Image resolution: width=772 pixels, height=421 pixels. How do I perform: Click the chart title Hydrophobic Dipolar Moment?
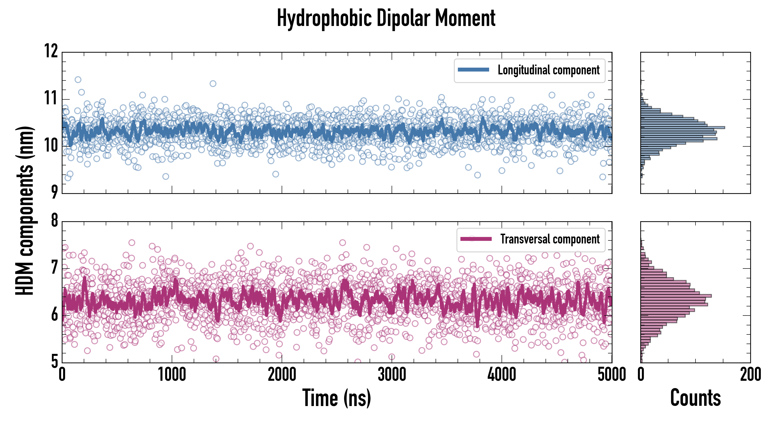(x=386, y=18)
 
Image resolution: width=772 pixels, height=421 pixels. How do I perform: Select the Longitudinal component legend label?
(x=548, y=70)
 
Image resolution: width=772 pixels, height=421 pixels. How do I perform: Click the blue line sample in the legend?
(x=473, y=70)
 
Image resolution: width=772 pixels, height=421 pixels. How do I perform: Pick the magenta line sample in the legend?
(x=476, y=239)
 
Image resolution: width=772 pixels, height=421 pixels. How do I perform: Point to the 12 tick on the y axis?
(x=51, y=51)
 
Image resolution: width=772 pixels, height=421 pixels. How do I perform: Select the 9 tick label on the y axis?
(x=54, y=192)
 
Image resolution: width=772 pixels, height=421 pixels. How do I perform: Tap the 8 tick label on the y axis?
(x=54, y=221)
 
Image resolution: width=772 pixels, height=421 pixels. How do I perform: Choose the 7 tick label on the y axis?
(x=54, y=268)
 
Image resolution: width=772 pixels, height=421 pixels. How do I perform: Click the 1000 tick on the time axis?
(x=172, y=374)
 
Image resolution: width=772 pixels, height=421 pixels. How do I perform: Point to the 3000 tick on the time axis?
(x=392, y=374)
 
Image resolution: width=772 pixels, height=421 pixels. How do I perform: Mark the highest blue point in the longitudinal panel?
(x=78, y=80)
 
